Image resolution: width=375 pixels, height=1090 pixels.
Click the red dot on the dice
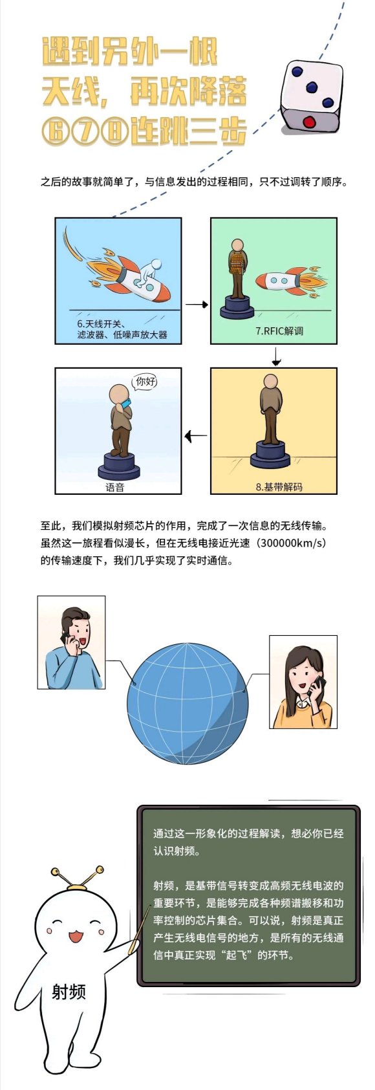(309, 121)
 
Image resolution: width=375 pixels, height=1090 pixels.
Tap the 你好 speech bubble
(145, 382)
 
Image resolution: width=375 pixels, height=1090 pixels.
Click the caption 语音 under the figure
(115, 487)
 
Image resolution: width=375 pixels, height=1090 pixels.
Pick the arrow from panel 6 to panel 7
(197, 305)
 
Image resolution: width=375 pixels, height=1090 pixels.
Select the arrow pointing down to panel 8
(276, 356)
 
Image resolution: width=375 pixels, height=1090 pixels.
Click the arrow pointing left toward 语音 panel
(195, 435)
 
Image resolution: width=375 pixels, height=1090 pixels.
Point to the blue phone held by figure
(127, 404)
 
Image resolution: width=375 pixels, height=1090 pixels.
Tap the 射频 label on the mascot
(69, 991)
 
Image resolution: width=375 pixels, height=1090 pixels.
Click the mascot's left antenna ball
(55, 870)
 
